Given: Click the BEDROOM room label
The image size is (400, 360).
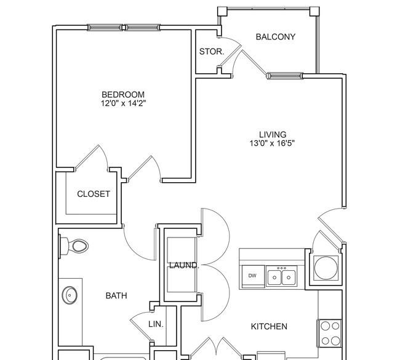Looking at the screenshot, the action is tap(123, 95).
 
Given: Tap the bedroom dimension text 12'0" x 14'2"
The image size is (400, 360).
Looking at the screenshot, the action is tap(123, 103).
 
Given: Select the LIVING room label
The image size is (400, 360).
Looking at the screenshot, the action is tap(273, 134).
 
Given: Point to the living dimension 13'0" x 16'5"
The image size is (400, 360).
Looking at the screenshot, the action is tap(272, 143).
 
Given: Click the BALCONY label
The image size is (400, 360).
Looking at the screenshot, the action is tap(276, 37).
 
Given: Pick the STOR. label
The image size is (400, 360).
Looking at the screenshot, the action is tap(212, 52).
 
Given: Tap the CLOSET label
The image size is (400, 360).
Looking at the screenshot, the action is tap(94, 194).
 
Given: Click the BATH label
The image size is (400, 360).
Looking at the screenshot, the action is tap(116, 296).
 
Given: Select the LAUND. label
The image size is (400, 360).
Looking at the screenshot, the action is tap(184, 265).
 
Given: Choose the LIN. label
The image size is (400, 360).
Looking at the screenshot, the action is tap(156, 324).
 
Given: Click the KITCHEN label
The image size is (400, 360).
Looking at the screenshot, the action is tap(269, 326).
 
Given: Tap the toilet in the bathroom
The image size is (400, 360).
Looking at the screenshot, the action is tap(74, 246).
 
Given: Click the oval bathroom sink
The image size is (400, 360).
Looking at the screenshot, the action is tap(70, 295).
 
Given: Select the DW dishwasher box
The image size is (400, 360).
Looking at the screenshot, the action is tap(253, 276).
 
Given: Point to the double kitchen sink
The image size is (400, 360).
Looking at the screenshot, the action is tap(281, 276).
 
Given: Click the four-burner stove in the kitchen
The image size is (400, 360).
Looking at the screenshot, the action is tap(330, 333).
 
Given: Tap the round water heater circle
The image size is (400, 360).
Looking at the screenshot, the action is tap(326, 268).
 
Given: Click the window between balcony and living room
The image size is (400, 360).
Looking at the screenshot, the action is tap(284, 76).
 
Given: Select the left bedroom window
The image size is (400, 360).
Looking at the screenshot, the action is tap(105, 27).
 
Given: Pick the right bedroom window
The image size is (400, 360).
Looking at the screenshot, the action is tap(142, 27).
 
